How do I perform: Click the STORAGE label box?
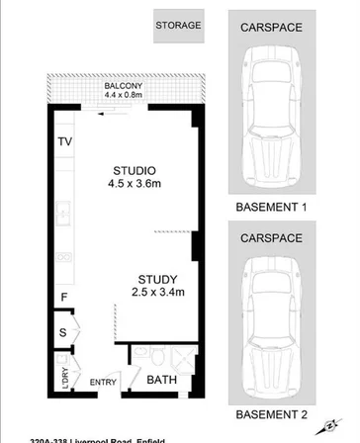pyautogui.click(x=179, y=26)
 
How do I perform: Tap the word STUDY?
pyautogui.click(x=157, y=278)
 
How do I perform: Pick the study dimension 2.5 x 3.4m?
pyautogui.click(x=157, y=292)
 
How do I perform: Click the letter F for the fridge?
pyautogui.click(x=64, y=297)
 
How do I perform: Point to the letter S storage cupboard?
pyautogui.click(x=63, y=334)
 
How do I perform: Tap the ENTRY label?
pyautogui.click(x=103, y=383)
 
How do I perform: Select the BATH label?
pyautogui.click(x=161, y=379)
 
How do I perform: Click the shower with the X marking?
pyautogui.click(x=181, y=355)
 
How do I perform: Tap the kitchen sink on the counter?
pyautogui.click(x=63, y=211)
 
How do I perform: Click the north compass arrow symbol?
pyautogui.click(x=324, y=428)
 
